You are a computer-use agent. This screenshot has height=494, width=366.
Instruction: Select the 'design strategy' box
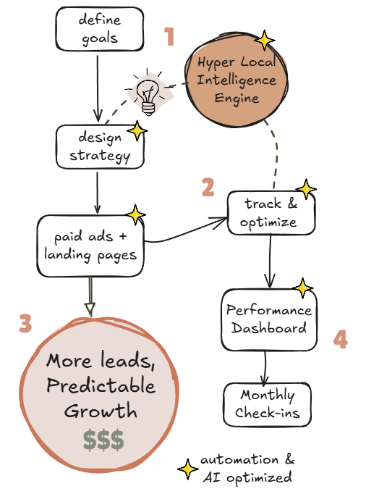99,146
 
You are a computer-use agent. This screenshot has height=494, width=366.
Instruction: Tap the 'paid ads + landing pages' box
90,246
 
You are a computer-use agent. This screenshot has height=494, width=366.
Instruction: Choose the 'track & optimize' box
271,212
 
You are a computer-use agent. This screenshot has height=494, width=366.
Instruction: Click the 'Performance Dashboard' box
268,319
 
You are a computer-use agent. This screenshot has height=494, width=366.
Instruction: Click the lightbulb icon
148,94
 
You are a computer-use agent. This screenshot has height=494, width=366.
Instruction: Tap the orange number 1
169,36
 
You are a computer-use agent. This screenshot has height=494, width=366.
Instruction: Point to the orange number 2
208,188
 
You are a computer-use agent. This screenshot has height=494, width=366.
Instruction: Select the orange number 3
25,323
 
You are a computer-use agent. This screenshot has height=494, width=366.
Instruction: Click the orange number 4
340,340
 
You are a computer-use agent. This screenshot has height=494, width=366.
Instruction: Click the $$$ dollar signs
102,440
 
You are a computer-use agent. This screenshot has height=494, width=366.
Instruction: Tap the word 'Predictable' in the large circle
101,385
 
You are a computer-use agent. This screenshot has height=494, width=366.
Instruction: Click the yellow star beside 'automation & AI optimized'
188,469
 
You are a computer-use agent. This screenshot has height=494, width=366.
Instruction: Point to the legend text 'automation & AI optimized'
247,469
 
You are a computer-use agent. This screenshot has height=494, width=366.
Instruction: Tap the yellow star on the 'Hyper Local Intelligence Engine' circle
265,41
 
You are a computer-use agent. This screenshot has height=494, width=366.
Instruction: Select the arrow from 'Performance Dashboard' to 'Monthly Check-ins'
265,368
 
